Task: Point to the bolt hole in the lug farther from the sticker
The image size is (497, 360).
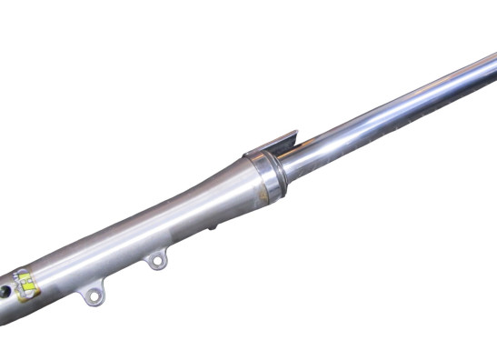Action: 158,264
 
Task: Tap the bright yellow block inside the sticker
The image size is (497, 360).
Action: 29,281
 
